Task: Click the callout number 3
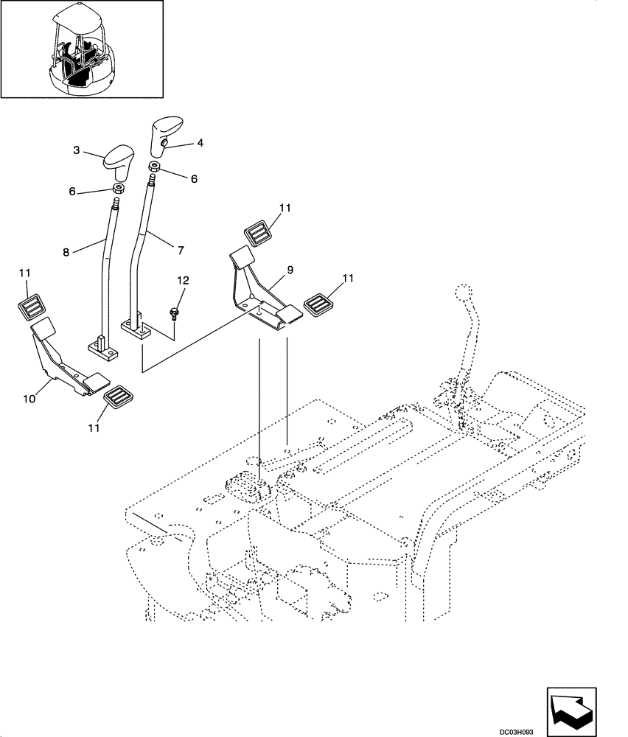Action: tap(77, 150)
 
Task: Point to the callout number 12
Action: tap(183, 281)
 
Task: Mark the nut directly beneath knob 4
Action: tap(156, 167)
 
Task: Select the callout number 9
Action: tap(290, 270)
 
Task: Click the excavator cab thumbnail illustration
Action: tap(82, 49)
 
